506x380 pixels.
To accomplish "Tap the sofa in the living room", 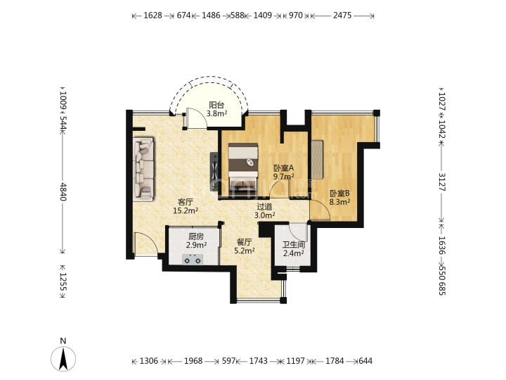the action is pyautogui.click(x=143, y=169).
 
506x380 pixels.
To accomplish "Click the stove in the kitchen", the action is pyautogui.click(x=193, y=259).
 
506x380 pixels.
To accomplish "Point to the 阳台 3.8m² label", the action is pyautogui.click(x=216, y=109).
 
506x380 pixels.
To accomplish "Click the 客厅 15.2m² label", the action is pyautogui.click(x=186, y=206).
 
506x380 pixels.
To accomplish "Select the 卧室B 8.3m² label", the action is pyautogui.click(x=340, y=198).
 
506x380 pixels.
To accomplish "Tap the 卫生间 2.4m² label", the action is pyautogui.click(x=293, y=249).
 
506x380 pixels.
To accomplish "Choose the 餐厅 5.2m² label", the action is pyautogui.click(x=245, y=246).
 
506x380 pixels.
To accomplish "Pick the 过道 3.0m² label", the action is pyautogui.click(x=264, y=210).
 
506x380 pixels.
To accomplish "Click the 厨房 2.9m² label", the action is pyautogui.click(x=196, y=241).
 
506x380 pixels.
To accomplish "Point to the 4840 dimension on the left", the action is pyautogui.click(x=63, y=191).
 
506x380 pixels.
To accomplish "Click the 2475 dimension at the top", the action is pyautogui.click(x=342, y=15).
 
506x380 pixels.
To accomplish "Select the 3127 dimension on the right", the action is pyautogui.click(x=442, y=182).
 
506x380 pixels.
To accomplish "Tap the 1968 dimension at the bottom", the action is pyautogui.click(x=193, y=360).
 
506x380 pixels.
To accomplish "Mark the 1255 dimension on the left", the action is pyautogui.click(x=63, y=281).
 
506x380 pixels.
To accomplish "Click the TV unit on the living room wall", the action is pyautogui.click(x=214, y=172).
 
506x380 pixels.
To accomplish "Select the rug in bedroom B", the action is pyautogui.click(x=317, y=160).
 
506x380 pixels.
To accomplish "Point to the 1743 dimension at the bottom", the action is pyautogui.click(x=258, y=360).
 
